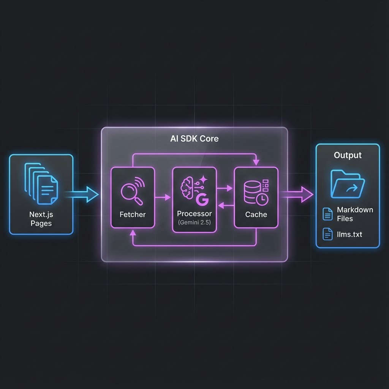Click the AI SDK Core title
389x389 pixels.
click(x=194, y=139)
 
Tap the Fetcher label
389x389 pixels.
click(x=132, y=215)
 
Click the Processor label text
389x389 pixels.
click(x=194, y=214)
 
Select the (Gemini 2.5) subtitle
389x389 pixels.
click(x=194, y=222)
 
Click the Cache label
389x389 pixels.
click(x=256, y=215)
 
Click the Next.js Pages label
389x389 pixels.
click(x=41, y=218)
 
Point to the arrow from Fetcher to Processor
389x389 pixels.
click(x=163, y=197)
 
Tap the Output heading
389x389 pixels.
click(x=348, y=155)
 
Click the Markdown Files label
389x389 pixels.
click(x=354, y=214)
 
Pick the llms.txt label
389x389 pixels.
click(x=349, y=234)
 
